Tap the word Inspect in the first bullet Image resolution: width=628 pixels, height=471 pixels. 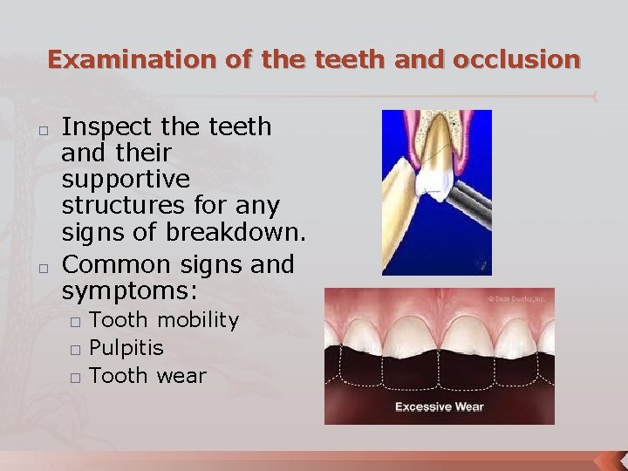point(104,127)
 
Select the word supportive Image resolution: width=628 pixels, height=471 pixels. point(126,180)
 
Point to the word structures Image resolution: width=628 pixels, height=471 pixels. point(122,207)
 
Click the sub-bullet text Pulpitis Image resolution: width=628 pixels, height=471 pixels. point(126,348)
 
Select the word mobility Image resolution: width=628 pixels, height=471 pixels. point(197,320)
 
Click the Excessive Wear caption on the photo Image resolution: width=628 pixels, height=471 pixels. point(439,406)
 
